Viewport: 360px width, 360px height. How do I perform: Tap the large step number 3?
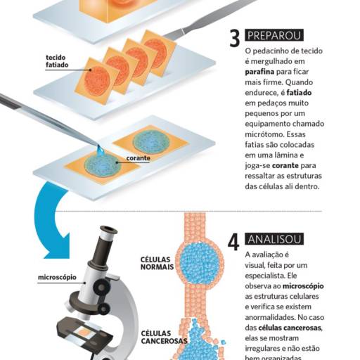tap(234, 38)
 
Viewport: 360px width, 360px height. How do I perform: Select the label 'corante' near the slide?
tap(138, 159)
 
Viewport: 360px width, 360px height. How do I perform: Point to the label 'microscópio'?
tap(57, 277)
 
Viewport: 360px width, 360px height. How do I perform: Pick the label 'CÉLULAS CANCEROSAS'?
tap(164, 337)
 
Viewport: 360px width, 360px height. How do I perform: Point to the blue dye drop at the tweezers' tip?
tap(101, 150)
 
